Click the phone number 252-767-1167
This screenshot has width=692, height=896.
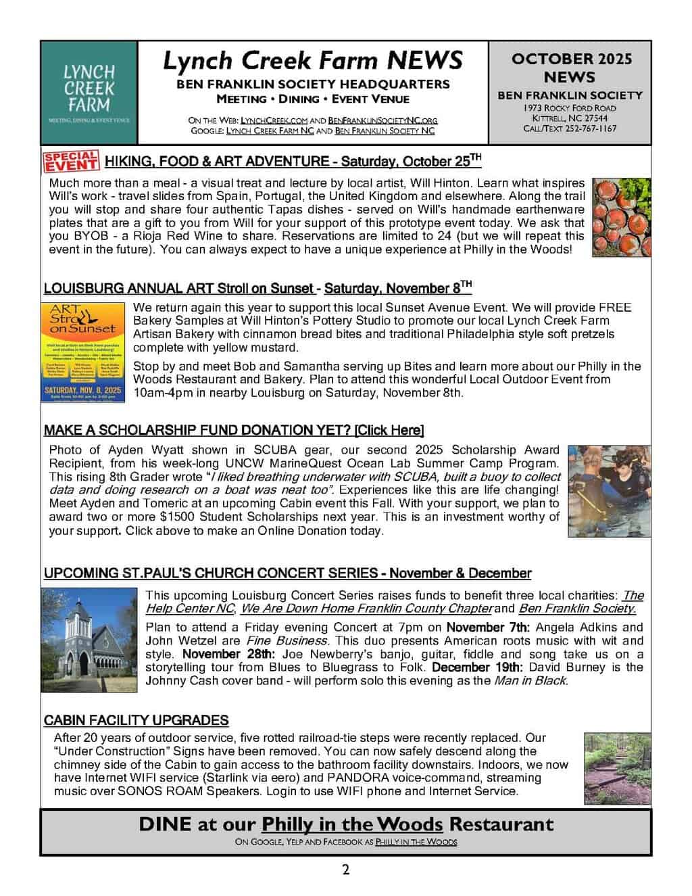point(589,128)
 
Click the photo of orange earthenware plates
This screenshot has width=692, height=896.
point(621,217)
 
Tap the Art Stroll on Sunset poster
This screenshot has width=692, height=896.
point(83,352)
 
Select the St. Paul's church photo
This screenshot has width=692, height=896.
point(89,638)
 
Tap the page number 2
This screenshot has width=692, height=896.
point(345,870)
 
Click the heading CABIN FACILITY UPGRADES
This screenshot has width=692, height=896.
point(136,720)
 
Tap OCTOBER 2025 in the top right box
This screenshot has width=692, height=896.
point(571,59)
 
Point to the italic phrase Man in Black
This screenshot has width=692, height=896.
point(530,681)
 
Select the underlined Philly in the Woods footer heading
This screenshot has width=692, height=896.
point(352,824)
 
